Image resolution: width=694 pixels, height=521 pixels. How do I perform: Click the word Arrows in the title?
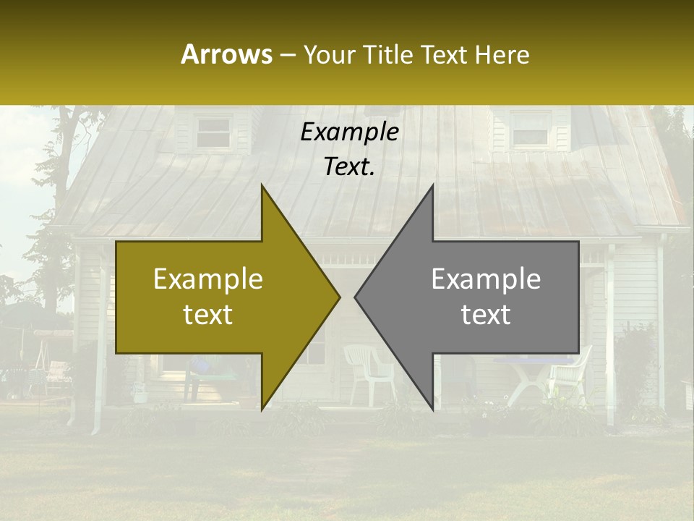pyautogui.click(x=226, y=54)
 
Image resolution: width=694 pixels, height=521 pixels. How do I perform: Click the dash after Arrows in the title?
pyautogui.click(x=287, y=56)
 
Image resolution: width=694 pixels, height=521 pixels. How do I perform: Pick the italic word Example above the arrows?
pyautogui.click(x=349, y=132)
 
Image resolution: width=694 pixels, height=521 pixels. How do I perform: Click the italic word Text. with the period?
pyautogui.click(x=349, y=167)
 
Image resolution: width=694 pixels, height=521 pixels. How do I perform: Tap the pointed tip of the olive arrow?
pyautogui.click(x=338, y=297)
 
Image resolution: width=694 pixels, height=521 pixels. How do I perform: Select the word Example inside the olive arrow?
pyautogui.click(x=208, y=279)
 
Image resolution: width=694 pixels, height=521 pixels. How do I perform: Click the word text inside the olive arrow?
pyautogui.click(x=208, y=315)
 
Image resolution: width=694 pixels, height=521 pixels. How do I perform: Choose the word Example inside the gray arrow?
pyautogui.click(x=486, y=279)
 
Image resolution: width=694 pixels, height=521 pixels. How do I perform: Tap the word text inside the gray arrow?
pyautogui.click(x=486, y=315)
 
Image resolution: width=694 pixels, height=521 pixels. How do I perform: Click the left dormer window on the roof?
pyautogui.click(x=213, y=132)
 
